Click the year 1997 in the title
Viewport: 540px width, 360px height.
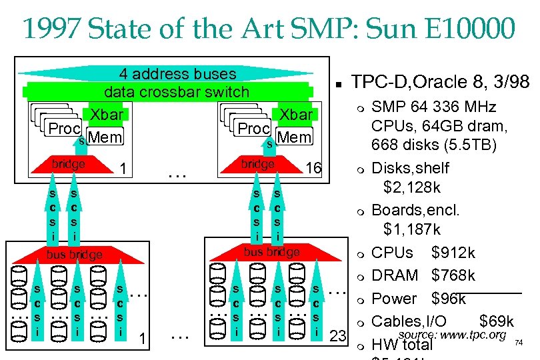[x=51, y=29]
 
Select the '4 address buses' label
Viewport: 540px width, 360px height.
[x=177, y=74]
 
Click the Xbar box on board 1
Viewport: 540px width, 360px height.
[x=107, y=115]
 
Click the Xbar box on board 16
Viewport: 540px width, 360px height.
[x=295, y=115]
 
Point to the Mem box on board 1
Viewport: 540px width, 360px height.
[x=106, y=138]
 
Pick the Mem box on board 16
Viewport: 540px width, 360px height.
[x=295, y=138]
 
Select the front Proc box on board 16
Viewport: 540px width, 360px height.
[x=253, y=129]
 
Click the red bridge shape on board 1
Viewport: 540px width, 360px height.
[x=69, y=165]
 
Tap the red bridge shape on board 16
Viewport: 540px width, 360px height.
[x=257, y=165]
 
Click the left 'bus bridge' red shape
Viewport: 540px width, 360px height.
[x=74, y=254]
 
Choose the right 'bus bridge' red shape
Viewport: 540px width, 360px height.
[x=271, y=252]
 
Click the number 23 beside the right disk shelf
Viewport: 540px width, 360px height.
[x=339, y=336]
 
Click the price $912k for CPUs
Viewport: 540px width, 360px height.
[x=453, y=253]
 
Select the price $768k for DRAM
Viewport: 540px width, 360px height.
[x=453, y=276]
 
